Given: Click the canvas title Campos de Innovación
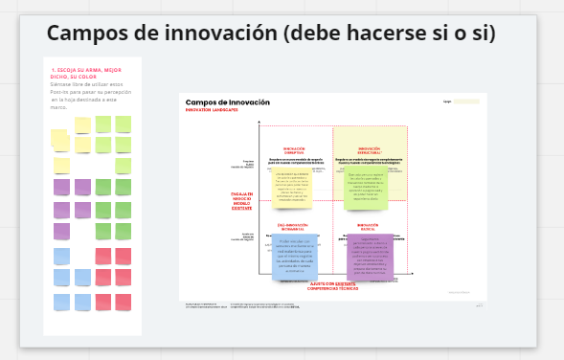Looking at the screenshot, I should coord(227,102).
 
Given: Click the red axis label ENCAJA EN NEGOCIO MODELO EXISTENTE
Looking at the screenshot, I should coord(241,201).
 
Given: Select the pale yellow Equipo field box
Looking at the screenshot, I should coord(466,101).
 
